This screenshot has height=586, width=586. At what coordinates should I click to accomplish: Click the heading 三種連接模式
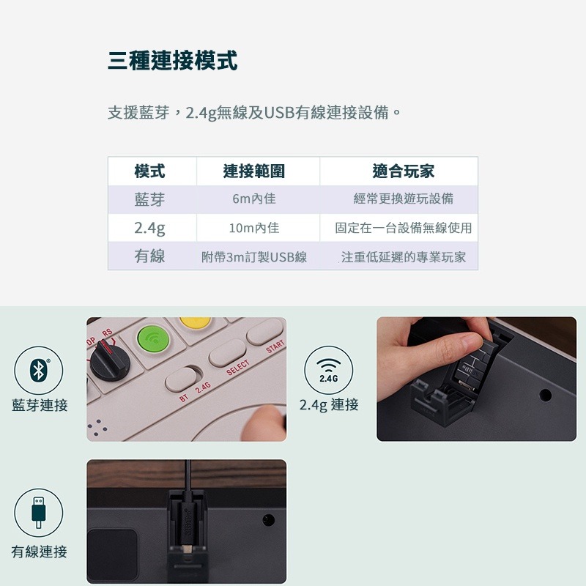coord(172,60)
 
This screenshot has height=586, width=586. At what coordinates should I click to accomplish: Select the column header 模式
coord(149,171)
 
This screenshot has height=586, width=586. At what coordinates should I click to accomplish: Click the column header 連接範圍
coord(254,171)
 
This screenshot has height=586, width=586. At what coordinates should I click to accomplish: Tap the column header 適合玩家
coord(403,171)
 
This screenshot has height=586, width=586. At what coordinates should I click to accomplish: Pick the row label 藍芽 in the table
coord(149,199)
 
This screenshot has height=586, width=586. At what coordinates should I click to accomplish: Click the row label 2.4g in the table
coord(149,228)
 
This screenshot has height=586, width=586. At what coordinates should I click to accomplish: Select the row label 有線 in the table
coord(149,256)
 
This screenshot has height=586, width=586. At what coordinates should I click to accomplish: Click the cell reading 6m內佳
coord(254,199)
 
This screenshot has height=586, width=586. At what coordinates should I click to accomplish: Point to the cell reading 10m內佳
coord(254,228)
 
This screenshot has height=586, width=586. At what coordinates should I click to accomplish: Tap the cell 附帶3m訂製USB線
coord(254,257)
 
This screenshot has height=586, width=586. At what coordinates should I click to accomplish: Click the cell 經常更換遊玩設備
coord(403,199)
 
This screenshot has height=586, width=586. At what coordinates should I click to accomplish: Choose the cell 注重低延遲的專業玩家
coord(403,257)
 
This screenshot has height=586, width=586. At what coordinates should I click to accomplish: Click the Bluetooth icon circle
coord(39,371)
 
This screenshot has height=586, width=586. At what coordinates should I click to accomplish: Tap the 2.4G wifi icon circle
coord(328,371)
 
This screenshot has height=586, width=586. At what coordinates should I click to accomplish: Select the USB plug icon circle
coord(39,513)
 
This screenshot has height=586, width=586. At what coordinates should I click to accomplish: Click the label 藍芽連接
coord(40,405)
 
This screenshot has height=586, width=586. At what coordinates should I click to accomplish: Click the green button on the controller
coord(153,338)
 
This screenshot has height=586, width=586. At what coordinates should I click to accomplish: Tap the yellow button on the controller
coord(196,324)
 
